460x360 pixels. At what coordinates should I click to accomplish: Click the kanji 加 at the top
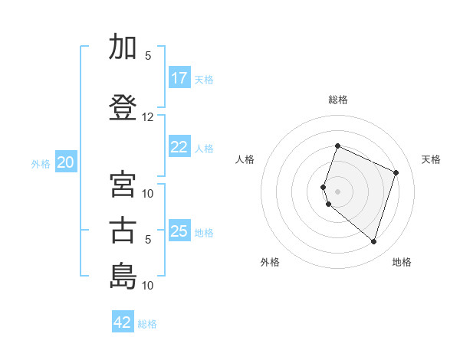[x=123, y=46]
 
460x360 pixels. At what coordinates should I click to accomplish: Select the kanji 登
[x=123, y=107]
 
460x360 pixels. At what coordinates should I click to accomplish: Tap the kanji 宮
[x=123, y=184]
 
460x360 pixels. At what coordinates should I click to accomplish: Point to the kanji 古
[x=123, y=230]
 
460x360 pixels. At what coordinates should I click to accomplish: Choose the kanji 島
[x=123, y=276]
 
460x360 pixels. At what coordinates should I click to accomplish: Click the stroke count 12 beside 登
[x=147, y=117]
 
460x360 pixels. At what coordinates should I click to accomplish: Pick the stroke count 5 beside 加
[x=148, y=56]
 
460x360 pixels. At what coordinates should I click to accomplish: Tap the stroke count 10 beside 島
[x=147, y=285]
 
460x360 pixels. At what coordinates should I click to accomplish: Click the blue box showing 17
[x=180, y=77]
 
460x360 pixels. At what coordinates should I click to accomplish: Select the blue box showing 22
[x=180, y=146]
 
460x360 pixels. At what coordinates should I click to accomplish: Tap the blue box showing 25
[x=180, y=230]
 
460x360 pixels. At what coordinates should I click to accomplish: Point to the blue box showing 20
[x=66, y=162]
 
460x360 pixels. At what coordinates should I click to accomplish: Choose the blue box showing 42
[x=123, y=321]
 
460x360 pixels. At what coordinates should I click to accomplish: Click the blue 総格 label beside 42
[x=147, y=324]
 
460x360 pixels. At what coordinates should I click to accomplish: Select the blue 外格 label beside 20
[x=41, y=164]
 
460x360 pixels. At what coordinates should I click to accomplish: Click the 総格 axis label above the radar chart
[x=338, y=100]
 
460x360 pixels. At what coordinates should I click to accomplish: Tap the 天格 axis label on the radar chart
[x=431, y=159]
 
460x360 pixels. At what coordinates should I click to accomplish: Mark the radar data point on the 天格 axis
[x=396, y=172]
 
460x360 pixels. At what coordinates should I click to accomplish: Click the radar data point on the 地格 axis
[x=373, y=242]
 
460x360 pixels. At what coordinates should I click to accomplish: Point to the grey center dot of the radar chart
[x=337, y=191]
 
